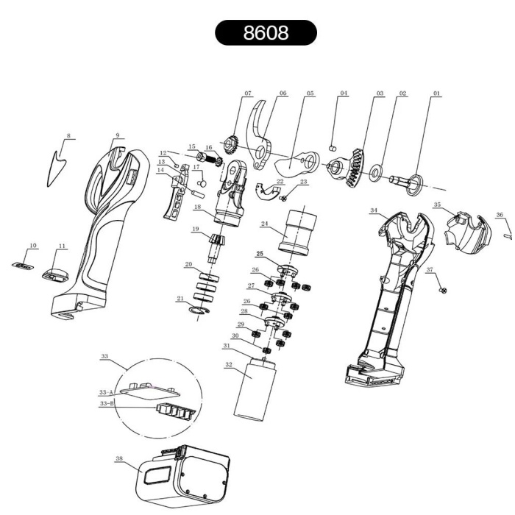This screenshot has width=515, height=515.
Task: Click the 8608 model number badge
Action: coord(266,33)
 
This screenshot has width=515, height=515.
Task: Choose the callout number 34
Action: coord(374,211)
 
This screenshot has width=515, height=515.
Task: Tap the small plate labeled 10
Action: coord(24,263)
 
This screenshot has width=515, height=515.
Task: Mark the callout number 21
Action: coord(180,298)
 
